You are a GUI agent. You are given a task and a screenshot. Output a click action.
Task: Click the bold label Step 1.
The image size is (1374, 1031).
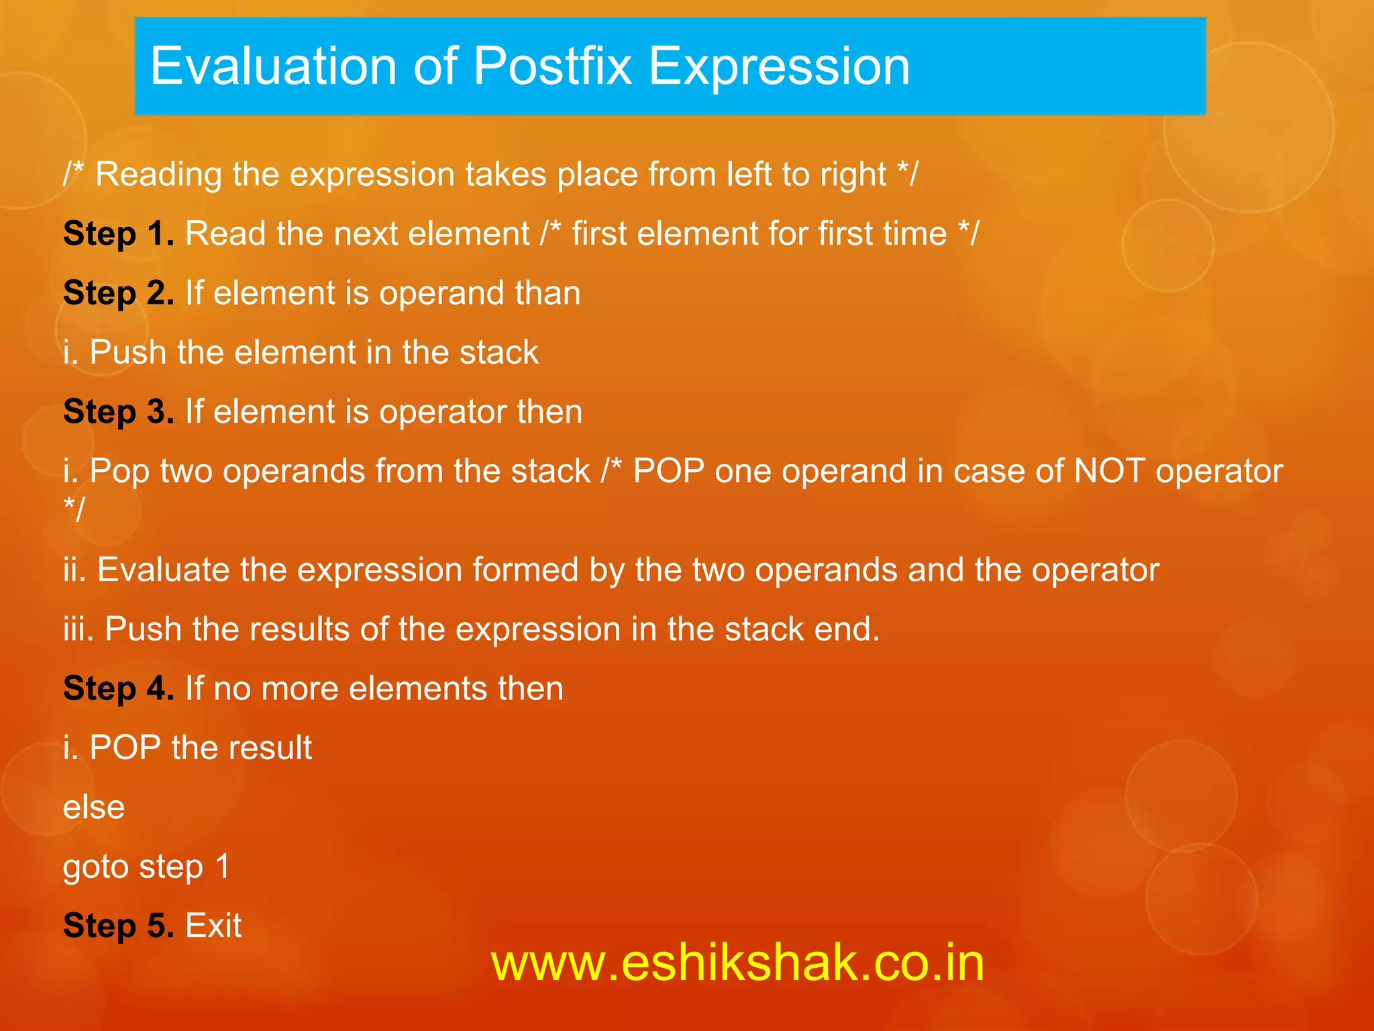119,234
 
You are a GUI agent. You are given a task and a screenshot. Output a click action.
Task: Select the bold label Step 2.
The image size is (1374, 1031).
119,293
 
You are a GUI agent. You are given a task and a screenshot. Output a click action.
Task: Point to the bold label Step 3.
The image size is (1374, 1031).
119,411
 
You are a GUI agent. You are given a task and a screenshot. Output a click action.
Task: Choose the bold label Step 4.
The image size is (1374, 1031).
119,689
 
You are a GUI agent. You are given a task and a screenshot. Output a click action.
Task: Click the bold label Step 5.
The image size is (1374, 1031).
119,926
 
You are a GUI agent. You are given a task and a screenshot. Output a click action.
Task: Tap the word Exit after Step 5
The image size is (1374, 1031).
213,926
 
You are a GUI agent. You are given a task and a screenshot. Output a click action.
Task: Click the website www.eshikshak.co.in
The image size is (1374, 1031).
737,963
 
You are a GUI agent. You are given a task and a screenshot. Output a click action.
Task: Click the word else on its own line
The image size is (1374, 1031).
94,807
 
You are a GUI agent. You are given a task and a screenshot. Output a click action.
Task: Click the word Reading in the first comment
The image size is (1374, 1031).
158,175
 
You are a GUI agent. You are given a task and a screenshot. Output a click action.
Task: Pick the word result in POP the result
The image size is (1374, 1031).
275,748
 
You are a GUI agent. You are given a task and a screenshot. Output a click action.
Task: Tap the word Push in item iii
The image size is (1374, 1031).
143,630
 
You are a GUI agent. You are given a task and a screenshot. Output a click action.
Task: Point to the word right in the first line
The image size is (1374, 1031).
853,175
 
